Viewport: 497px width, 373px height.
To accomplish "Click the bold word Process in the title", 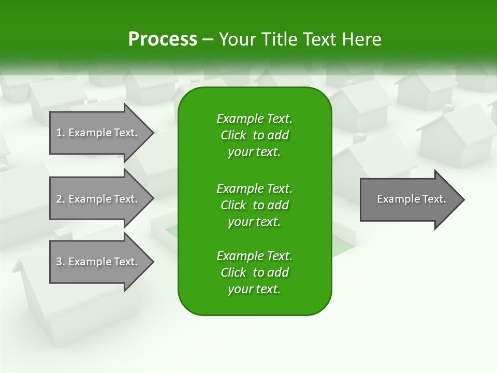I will (x=163, y=39).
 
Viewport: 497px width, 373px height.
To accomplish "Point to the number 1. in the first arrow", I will (x=60, y=133).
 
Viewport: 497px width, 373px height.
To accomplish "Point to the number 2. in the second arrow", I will (x=60, y=199).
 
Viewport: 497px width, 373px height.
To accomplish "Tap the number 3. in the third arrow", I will (x=60, y=262).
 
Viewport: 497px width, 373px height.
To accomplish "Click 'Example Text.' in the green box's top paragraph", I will (x=254, y=119).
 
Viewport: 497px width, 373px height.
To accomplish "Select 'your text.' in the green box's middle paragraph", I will (x=254, y=222).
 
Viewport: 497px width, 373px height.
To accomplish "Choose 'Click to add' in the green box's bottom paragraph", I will (x=254, y=272).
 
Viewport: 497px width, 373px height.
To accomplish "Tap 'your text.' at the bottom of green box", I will (x=254, y=290).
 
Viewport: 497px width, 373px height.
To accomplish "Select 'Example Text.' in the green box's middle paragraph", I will (x=254, y=188).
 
